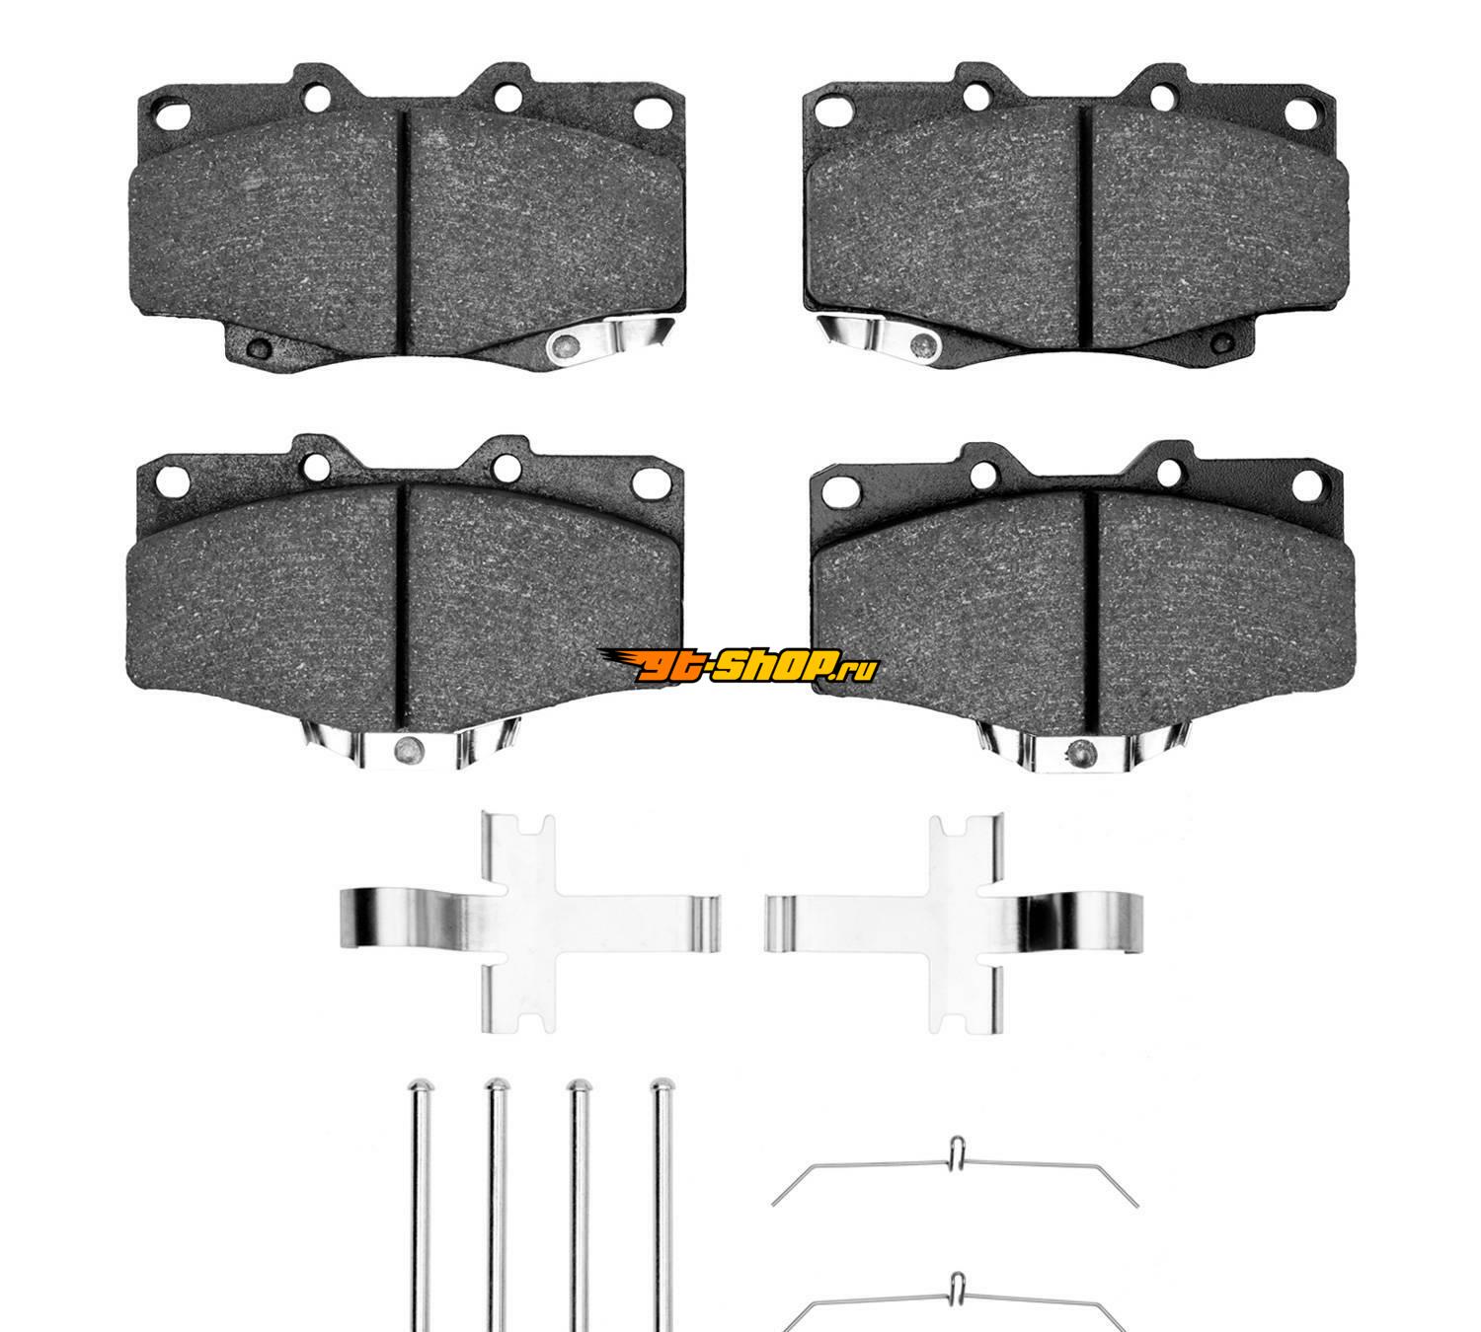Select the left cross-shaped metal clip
528,922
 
